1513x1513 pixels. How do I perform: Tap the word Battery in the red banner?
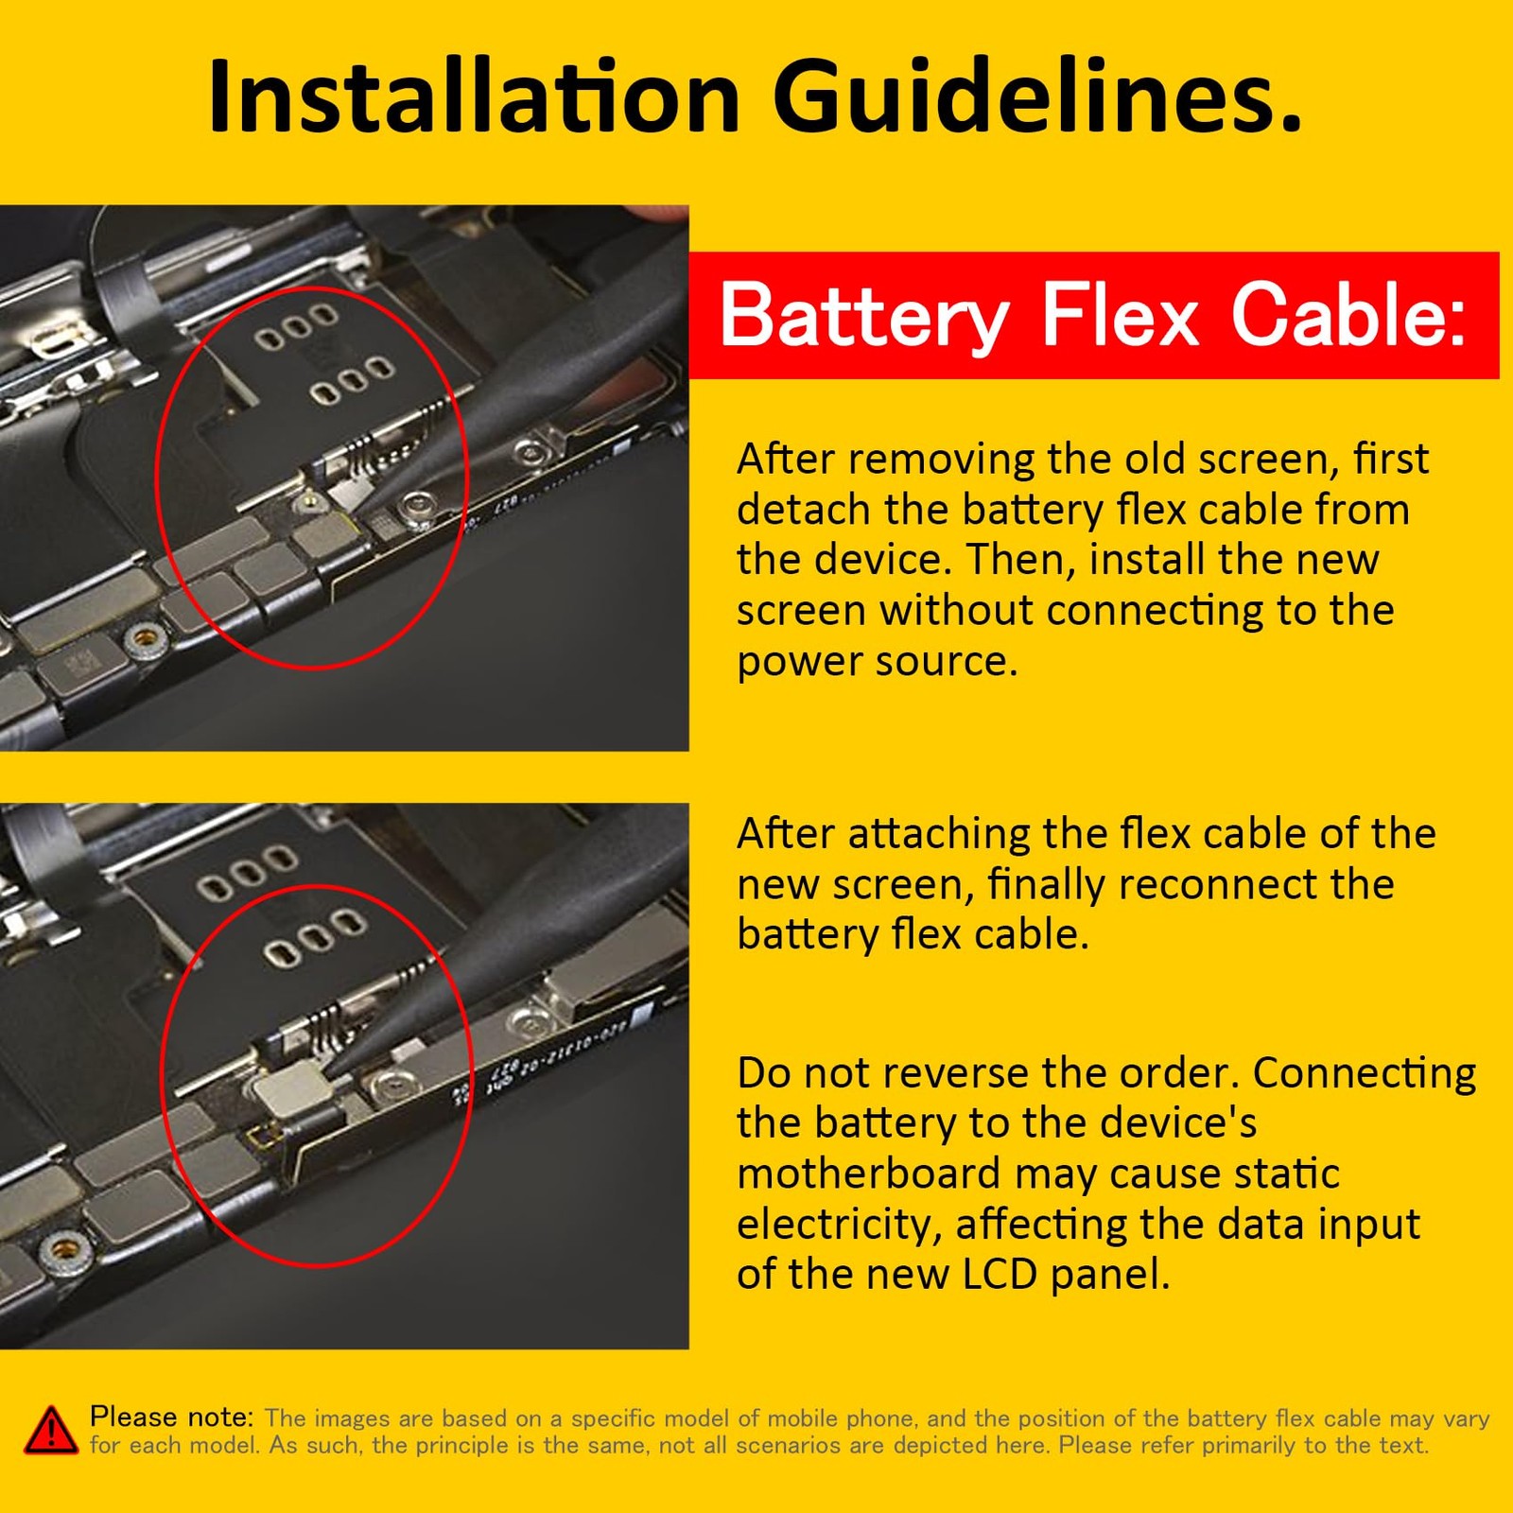click(x=864, y=316)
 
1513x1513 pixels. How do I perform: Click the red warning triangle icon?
click(x=50, y=1429)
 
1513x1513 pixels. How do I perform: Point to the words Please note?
click(x=171, y=1417)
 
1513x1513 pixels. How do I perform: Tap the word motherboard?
click(x=868, y=1174)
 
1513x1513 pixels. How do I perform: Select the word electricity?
click(x=839, y=1225)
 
